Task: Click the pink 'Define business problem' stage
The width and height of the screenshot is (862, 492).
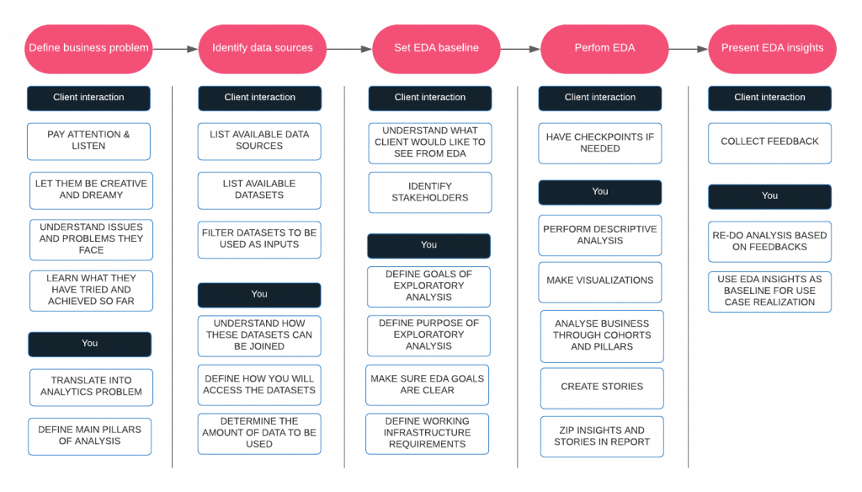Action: [88, 48]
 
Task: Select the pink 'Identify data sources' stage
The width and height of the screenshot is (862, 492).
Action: [262, 48]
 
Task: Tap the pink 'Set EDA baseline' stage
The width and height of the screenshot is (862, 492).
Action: [436, 48]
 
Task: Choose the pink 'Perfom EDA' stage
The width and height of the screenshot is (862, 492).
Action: [604, 48]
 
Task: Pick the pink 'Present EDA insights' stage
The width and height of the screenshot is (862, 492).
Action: [772, 48]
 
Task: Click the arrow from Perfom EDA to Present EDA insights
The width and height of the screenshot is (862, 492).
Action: [688, 49]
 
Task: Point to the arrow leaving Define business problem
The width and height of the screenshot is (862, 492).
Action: [175, 49]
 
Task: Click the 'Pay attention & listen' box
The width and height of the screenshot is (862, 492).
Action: [88, 141]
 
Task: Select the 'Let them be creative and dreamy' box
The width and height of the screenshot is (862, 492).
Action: [91, 190]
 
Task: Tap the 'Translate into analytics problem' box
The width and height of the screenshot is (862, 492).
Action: [91, 387]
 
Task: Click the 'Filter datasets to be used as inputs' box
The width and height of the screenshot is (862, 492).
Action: [259, 238]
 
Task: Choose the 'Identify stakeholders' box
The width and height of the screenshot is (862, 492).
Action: [430, 192]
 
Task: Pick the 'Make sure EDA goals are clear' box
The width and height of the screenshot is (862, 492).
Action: [428, 385]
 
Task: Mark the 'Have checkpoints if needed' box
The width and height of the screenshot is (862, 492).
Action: [600, 142]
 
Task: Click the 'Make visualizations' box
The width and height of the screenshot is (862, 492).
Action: [600, 281]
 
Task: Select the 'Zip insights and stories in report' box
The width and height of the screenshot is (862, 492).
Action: [602, 436]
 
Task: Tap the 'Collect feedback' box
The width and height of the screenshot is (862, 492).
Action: [769, 142]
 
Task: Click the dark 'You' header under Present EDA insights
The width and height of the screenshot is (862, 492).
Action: [769, 196]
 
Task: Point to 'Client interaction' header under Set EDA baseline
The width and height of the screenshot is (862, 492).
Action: [430, 98]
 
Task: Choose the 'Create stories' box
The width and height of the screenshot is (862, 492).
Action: [602, 388]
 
